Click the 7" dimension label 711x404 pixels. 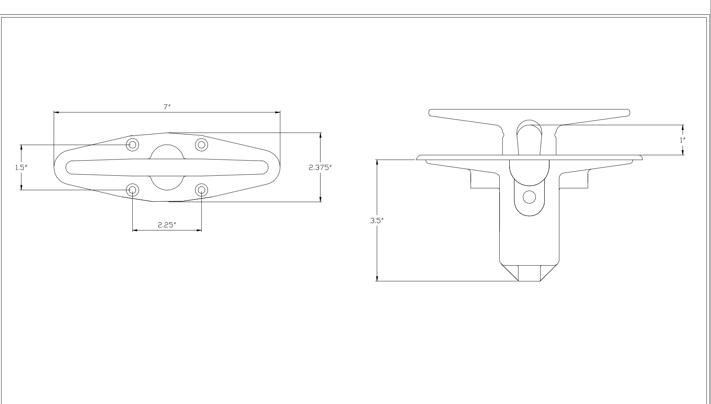166,107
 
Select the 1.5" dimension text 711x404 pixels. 21,168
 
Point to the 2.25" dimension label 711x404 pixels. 166,225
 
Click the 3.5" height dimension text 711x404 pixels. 376,221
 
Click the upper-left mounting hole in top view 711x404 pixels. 133,145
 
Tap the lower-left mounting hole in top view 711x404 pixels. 133,190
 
